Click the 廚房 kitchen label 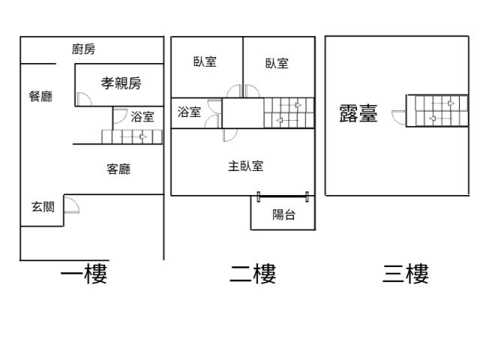click(x=84, y=49)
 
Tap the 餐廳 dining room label click(x=40, y=96)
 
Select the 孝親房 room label click(x=121, y=83)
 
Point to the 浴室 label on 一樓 click(x=142, y=116)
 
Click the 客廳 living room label click(x=118, y=169)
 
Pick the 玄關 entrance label click(x=43, y=207)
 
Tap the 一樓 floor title click(x=84, y=274)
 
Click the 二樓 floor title click(x=253, y=274)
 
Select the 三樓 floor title click(x=406, y=274)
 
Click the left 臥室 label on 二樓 click(x=205, y=62)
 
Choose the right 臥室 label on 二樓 click(x=277, y=63)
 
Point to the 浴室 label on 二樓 click(x=189, y=112)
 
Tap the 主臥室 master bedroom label click(x=245, y=166)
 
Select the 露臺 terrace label click(x=358, y=114)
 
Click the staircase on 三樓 click(x=430, y=110)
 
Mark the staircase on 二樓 click(x=289, y=112)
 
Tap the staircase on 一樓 click(x=133, y=136)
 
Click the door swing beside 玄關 click(x=72, y=204)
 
